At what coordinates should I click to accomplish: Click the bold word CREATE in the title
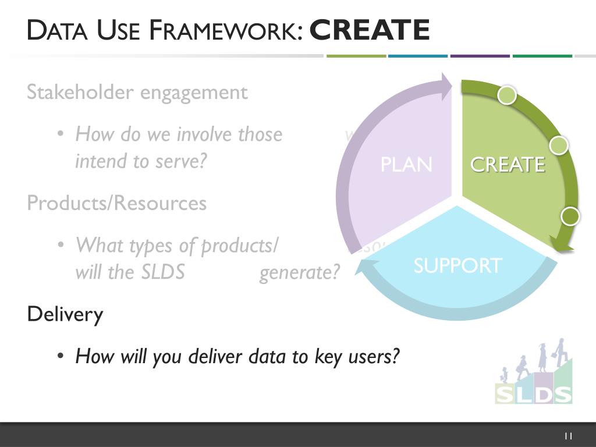(370, 30)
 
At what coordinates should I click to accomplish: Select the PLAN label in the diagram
(406, 165)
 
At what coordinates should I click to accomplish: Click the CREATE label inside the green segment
(508, 165)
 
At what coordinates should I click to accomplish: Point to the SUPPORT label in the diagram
(457, 265)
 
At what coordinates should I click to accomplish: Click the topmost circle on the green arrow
(507, 95)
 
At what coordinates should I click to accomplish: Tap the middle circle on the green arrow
(559, 145)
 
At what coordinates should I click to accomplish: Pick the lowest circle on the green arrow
(570, 217)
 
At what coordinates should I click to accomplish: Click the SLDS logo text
(533, 394)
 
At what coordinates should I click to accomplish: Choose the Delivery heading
(65, 314)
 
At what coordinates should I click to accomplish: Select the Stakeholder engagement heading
(137, 92)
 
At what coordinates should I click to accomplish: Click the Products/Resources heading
(117, 203)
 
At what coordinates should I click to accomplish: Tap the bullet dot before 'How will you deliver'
(60, 356)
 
